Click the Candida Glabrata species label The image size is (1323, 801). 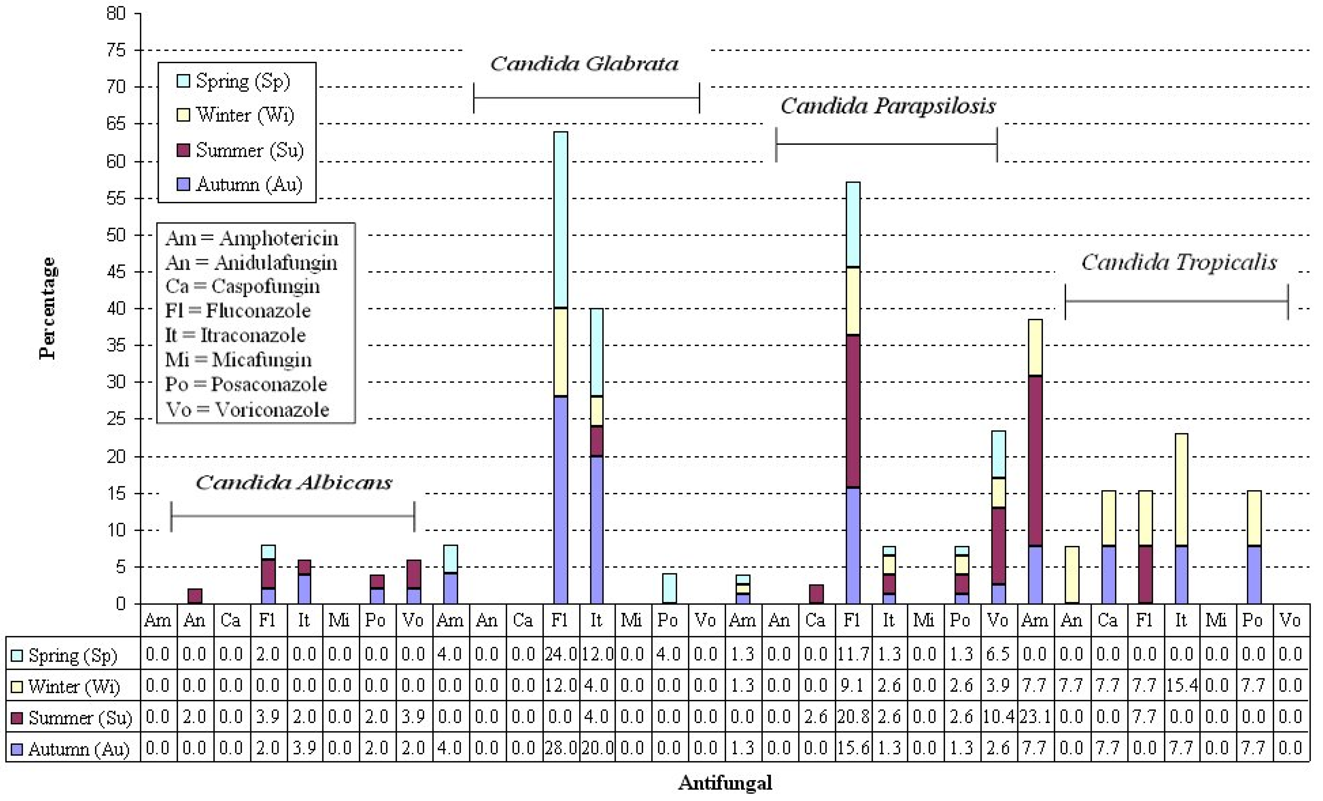584,64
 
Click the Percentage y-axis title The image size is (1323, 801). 47,308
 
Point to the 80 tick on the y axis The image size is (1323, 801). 116,13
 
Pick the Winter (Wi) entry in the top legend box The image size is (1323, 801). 244,115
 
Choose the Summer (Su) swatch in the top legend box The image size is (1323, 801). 183,150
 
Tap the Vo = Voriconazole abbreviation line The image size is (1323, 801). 247,410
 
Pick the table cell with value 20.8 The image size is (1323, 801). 853,717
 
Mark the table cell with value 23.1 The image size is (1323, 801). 1035,717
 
